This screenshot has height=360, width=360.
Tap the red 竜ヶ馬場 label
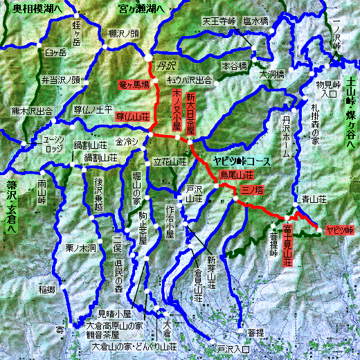tap(135, 85)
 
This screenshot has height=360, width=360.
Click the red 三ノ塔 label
tap(252, 190)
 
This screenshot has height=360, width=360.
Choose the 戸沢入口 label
tap(233, 349)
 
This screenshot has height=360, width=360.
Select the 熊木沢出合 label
tap(32, 110)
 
